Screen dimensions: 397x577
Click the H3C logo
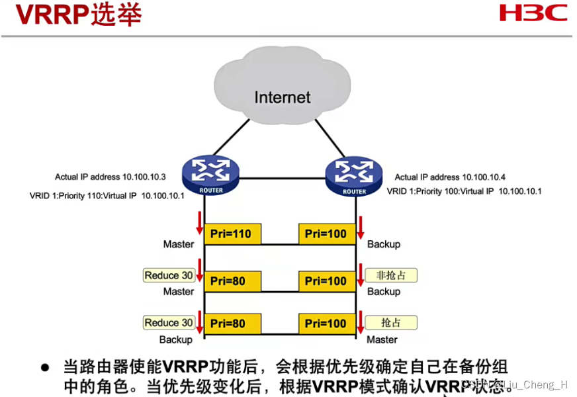point(533,13)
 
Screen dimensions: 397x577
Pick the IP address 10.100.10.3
point(144,177)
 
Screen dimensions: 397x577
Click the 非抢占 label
point(391,275)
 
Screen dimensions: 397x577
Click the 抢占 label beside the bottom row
point(391,323)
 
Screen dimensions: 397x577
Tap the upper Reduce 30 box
point(169,275)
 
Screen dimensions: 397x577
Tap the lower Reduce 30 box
point(169,323)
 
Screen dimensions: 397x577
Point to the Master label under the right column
point(382,339)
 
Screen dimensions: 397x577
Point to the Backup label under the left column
point(176,339)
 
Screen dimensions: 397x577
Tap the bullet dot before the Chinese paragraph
point(46,367)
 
